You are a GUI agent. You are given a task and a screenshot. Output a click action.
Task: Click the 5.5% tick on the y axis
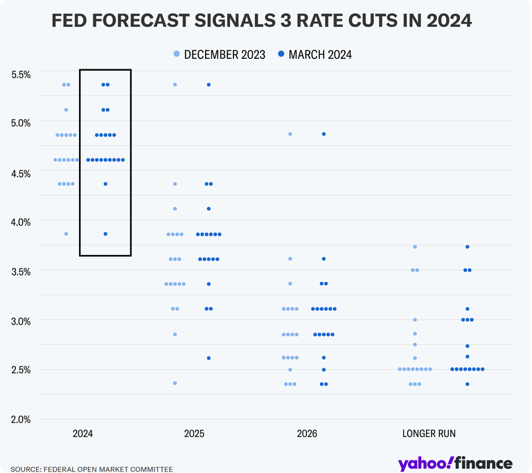pos(20,74)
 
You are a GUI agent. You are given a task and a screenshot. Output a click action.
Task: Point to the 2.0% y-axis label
pos(20,419)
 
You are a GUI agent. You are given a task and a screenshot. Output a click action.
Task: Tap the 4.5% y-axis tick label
pos(20,173)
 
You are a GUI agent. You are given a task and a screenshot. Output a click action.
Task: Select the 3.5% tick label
pos(20,271)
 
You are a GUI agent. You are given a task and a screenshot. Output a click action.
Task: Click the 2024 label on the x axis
pos(84,434)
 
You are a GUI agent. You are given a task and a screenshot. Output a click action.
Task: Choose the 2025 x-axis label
pos(195,434)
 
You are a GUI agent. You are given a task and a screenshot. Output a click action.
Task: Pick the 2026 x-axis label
pos(307,434)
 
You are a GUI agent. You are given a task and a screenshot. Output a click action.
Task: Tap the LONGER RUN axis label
pos(429,434)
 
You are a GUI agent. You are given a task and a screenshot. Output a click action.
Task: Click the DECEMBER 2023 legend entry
pos(220,55)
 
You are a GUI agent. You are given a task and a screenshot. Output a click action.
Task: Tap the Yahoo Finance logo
pos(455,463)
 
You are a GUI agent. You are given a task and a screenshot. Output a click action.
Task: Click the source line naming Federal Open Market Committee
pos(91,469)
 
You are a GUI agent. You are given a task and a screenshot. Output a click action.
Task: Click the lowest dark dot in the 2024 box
pos(105,234)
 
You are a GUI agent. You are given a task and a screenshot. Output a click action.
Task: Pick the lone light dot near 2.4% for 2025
pos(175,383)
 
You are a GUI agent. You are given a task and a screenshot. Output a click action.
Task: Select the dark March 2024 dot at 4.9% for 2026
pos(323,134)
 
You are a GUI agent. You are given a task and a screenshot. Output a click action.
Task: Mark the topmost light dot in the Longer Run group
pos(415,247)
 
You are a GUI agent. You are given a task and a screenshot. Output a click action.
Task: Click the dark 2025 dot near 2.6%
pos(209,358)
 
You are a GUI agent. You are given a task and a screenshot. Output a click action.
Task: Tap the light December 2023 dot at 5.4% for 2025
pos(175,84)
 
